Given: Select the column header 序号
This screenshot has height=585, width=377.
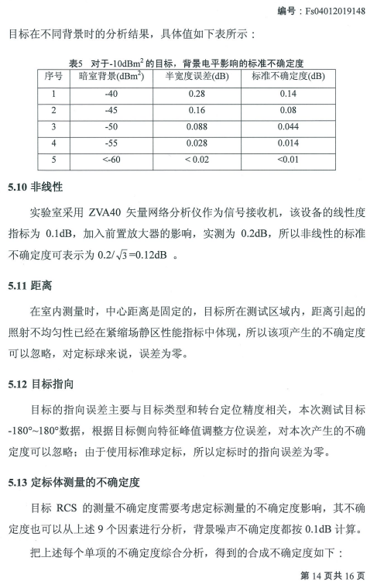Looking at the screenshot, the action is point(54,76).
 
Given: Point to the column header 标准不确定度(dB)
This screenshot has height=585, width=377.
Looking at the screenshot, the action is point(288,76).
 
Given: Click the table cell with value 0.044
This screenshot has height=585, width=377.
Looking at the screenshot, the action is point(288,126).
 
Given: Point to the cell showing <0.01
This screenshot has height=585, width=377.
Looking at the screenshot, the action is point(288,160).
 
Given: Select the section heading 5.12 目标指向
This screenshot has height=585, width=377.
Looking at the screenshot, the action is point(39,384).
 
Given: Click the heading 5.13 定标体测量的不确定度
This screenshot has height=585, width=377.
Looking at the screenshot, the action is point(74,482).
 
